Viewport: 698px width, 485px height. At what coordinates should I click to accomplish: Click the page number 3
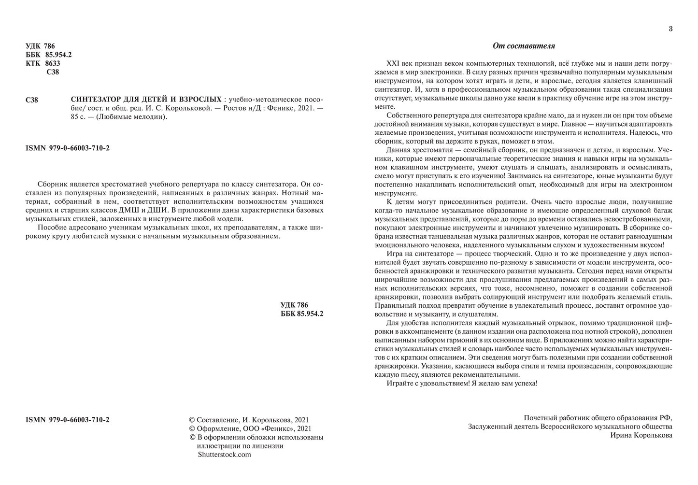click(670, 29)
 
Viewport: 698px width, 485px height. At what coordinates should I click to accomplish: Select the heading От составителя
click(524, 46)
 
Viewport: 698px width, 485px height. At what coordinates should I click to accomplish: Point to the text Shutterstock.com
click(224, 455)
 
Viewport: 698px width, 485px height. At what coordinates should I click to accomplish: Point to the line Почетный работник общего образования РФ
click(598, 418)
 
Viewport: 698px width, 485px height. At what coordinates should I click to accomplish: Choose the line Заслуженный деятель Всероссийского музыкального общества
click(570, 427)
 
